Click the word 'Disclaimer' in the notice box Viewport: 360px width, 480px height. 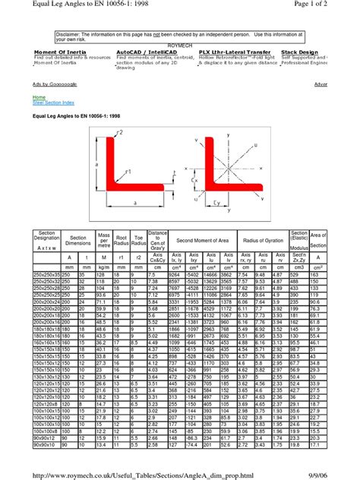(x=69, y=34)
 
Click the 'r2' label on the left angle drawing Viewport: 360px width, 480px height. (x=119, y=132)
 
